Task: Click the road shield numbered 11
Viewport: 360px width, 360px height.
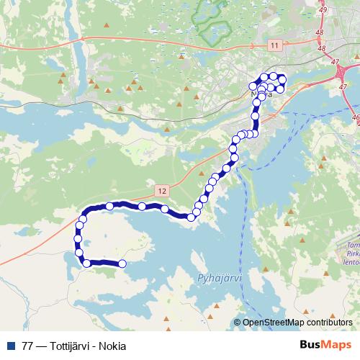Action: [x=274, y=45]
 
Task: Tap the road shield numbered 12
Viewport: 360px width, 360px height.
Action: [x=160, y=190]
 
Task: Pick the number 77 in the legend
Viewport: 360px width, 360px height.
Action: [x=27, y=346]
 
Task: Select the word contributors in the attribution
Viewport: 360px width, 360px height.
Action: [x=328, y=323]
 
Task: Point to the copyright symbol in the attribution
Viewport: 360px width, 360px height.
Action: [x=238, y=323]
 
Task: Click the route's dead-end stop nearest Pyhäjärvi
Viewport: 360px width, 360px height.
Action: [x=122, y=264]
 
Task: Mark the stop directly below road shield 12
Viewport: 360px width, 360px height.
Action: [x=165, y=210]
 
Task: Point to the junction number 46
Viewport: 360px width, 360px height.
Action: [x=354, y=117]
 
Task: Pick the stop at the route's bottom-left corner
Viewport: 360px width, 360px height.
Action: [x=87, y=264]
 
